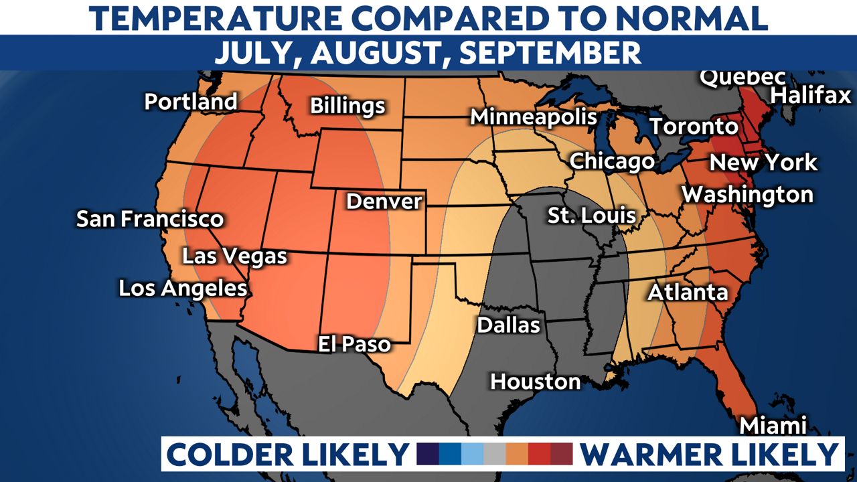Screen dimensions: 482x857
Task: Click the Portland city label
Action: tap(191, 102)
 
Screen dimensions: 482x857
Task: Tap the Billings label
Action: tap(347, 106)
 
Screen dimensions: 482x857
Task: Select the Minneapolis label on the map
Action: tap(533, 116)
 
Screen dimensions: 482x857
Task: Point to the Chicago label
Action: tap(611, 161)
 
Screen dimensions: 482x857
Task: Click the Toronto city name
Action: tap(694, 126)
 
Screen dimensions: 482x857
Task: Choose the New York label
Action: tap(763, 162)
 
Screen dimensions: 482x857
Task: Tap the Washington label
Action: tap(747, 195)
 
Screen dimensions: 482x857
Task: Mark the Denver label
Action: tap(384, 201)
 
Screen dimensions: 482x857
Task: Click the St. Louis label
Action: tap(591, 216)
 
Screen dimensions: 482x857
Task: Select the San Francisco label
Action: tap(150, 219)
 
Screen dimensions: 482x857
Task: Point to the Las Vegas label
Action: tap(234, 256)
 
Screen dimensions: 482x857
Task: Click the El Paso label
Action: tap(354, 344)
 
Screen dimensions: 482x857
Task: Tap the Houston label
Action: tap(535, 382)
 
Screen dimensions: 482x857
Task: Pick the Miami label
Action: tap(773, 426)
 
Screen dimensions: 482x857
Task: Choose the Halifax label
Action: tap(810, 96)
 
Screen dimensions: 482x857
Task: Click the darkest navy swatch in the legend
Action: tap(428, 454)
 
